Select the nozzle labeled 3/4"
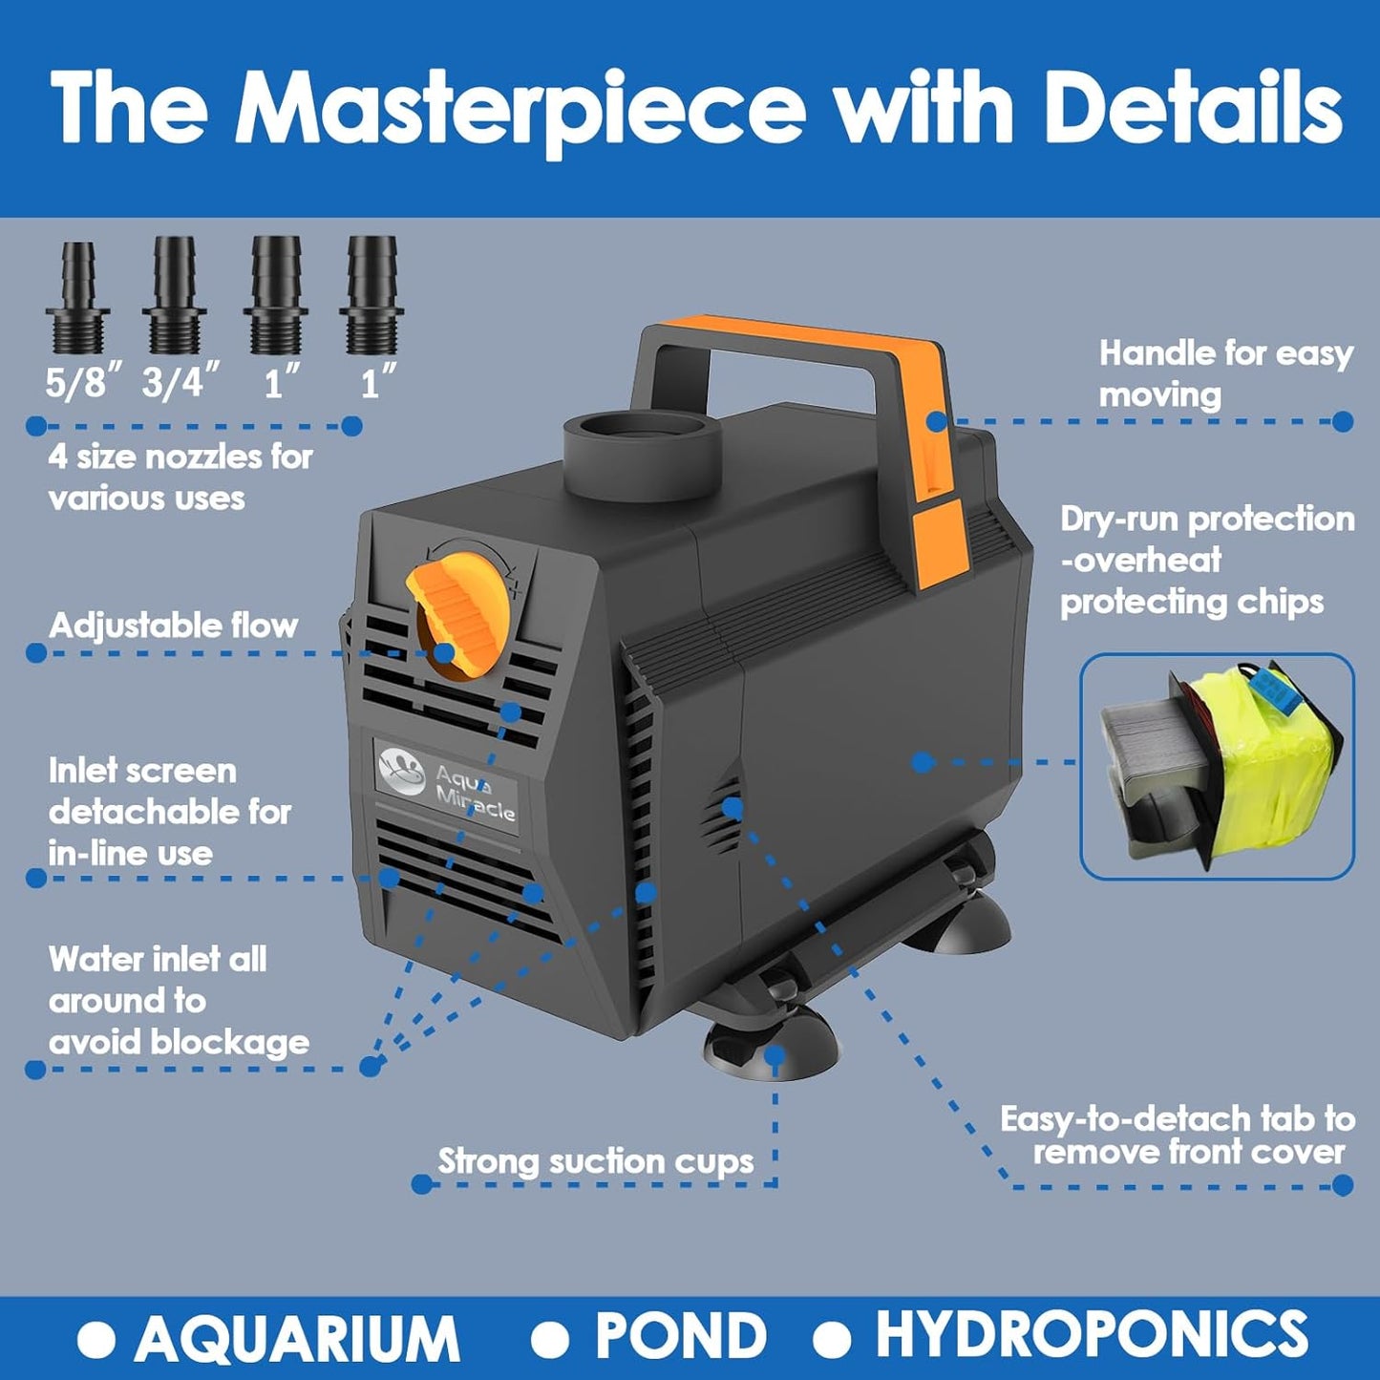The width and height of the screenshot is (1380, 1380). coord(175,298)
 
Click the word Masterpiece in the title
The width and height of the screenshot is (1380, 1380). coord(520,107)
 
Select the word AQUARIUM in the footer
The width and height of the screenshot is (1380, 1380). coord(296,1338)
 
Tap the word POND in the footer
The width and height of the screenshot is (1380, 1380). coord(680,1336)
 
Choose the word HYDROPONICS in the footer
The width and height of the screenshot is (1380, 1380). coord(1092,1335)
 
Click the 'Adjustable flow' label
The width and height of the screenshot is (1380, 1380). coord(173,626)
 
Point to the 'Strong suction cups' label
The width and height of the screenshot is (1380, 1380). coord(595,1161)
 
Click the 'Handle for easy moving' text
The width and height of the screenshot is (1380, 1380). coord(1225,373)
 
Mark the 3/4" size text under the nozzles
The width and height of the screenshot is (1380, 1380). coord(180,383)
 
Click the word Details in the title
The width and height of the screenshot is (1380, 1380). coord(1194,107)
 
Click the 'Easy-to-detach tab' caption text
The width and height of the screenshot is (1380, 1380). coord(1177,1135)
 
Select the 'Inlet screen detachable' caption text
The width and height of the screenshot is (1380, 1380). coord(169,812)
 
